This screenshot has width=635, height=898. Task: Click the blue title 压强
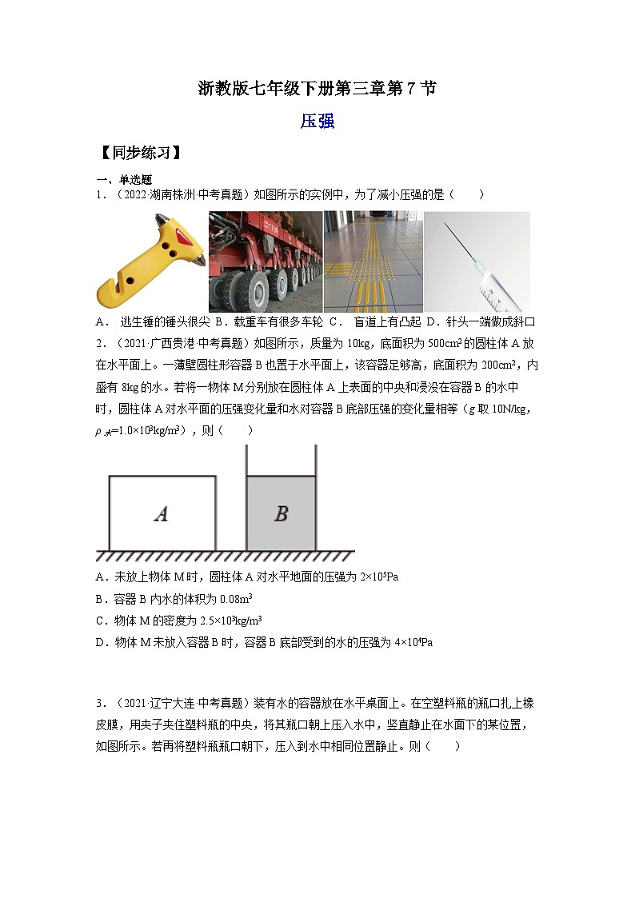(317, 122)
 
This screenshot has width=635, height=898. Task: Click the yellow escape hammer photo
(151, 261)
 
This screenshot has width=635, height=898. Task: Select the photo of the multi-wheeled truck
(265, 261)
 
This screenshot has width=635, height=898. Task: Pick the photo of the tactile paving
(373, 261)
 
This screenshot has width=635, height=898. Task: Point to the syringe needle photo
(477, 261)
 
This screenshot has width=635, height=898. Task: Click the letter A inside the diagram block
(161, 514)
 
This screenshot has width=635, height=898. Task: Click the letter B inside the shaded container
(281, 514)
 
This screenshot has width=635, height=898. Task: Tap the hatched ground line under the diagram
(224, 556)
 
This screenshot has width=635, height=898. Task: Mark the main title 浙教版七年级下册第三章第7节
(317, 89)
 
